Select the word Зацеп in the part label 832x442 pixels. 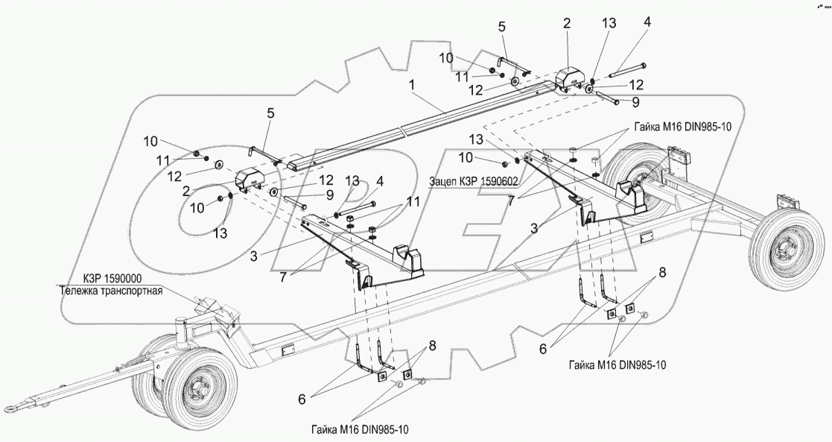tap(445, 180)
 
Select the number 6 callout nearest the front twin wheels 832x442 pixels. tap(301, 400)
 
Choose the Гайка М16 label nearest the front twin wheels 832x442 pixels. tap(361, 429)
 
